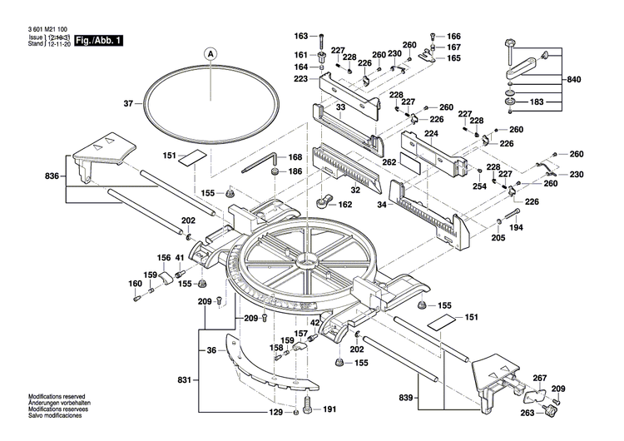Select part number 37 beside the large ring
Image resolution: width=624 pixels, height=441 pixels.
(x=128, y=104)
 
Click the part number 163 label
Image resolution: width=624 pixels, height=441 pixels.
(x=300, y=36)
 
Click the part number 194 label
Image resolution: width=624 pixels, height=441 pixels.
(x=516, y=227)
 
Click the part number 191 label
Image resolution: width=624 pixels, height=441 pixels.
(x=329, y=410)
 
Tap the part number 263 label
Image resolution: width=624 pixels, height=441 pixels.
(x=527, y=413)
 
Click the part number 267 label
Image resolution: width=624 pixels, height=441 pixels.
(x=540, y=377)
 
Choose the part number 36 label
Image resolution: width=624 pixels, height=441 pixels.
(x=211, y=350)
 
